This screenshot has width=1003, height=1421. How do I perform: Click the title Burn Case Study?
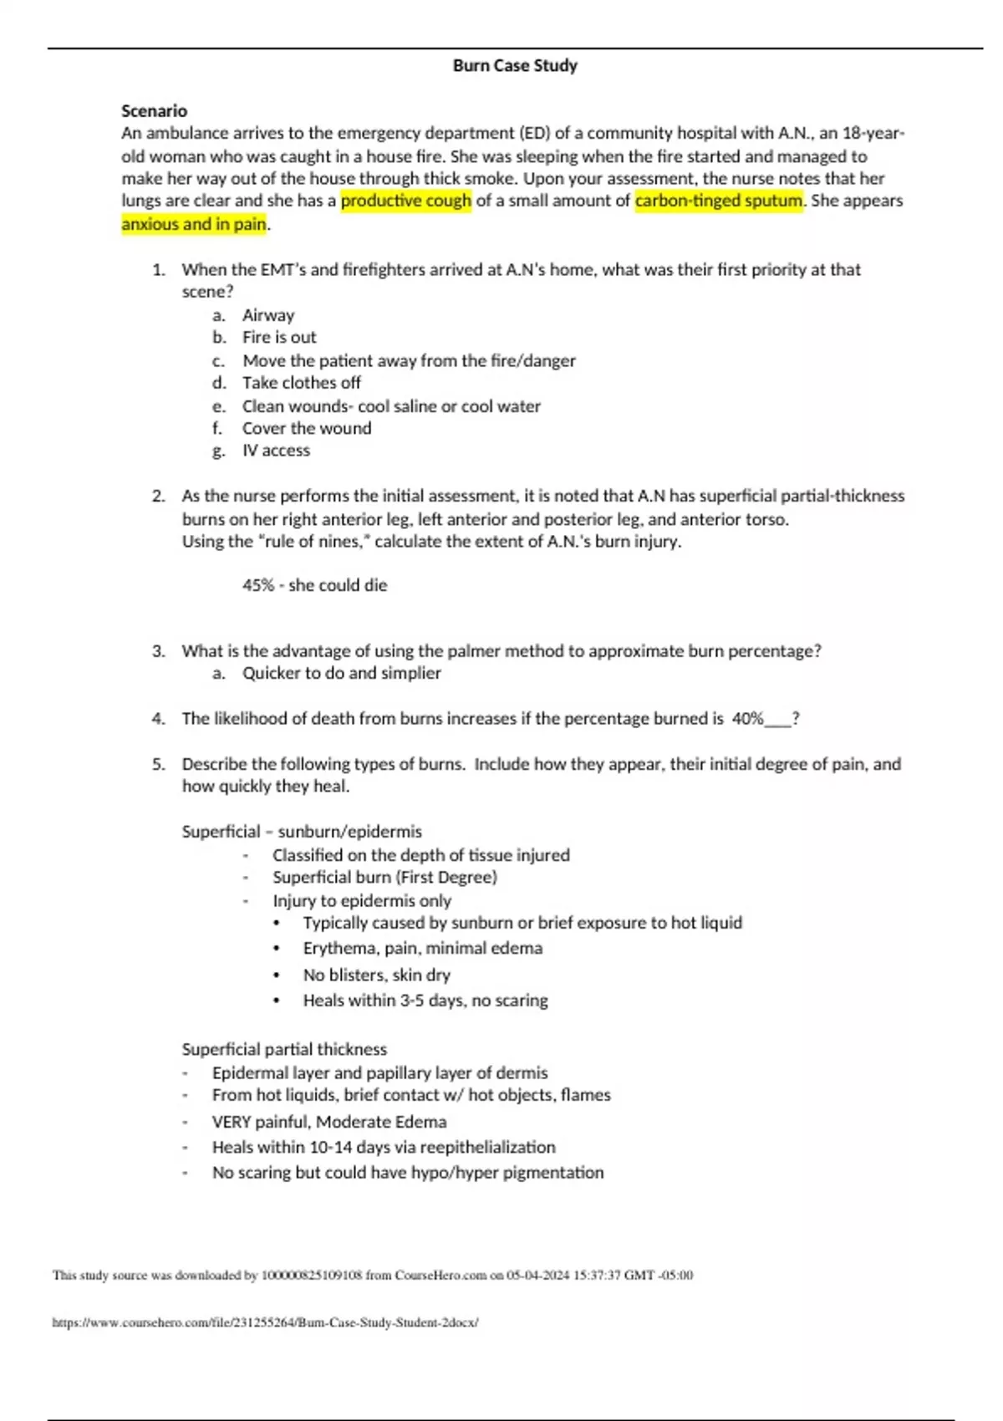click(515, 65)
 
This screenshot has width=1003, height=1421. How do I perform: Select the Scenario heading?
click(154, 110)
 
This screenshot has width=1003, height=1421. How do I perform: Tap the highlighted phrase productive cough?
click(406, 201)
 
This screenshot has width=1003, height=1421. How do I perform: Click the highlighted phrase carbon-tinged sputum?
click(719, 201)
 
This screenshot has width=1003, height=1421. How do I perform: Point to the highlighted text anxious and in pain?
click(194, 224)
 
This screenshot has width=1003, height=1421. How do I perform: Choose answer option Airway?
click(268, 315)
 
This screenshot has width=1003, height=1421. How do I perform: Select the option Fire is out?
click(279, 337)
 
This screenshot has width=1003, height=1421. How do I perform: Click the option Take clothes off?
click(301, 383)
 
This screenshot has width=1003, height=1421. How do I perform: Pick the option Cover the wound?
click(307, 428)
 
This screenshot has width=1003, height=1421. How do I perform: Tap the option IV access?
click(276, 451)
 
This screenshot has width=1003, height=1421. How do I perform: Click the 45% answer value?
click(258, 585)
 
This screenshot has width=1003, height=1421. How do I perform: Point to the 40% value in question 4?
click(747, 718)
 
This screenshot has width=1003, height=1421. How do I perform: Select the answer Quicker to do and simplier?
click(341, 673)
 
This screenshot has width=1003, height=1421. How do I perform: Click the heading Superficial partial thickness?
click(284, 1049)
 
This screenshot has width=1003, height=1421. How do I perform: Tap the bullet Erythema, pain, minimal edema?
click(422, 948)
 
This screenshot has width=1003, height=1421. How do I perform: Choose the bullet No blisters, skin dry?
click(376, 975)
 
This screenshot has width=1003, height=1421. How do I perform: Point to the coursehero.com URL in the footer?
click(265, 1322)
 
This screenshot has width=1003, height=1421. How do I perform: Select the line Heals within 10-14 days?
click(383, 1147)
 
